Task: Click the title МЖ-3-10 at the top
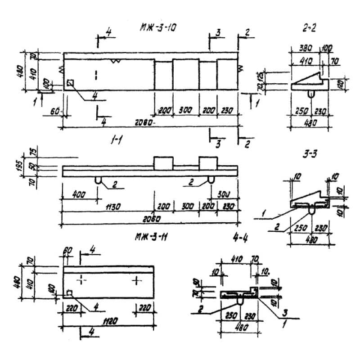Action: [158, 28]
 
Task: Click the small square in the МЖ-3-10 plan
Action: [70, 83]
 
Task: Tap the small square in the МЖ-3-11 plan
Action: [70, 294]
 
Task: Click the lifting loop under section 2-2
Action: [310, 93]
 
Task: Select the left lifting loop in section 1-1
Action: [99, 180]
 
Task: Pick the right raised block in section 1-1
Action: [208, 162]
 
